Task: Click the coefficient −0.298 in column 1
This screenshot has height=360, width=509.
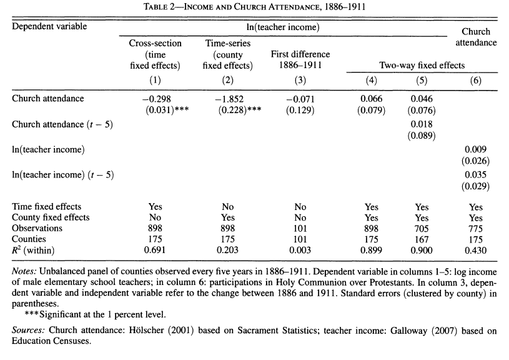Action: point(156,99)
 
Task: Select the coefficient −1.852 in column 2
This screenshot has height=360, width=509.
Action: point(227,99)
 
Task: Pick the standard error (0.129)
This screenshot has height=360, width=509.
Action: point(300,111)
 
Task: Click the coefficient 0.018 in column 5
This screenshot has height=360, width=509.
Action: point(422,124)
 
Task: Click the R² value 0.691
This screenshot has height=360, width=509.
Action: point(156,251)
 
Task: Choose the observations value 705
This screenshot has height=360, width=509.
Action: point(422,229)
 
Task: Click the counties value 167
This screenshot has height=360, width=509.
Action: point(422,240)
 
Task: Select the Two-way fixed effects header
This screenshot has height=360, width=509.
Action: point(422,65)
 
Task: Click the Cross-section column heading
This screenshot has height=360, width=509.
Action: point(156,43)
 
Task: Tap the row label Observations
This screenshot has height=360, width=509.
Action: point(37,229)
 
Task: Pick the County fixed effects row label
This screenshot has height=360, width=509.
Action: point(51,217)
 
